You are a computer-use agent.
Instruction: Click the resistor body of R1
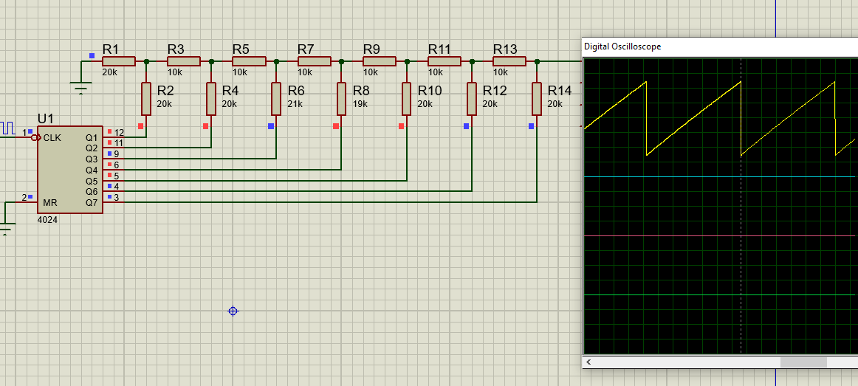pyautogui.click(x=118, y=62)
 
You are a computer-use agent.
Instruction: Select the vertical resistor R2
pyautogui.click(x=146, y=99)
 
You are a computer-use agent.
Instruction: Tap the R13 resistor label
pyautogui.click(x=505, y=49)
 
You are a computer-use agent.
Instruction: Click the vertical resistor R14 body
pyautogui.click(x=536, y=99)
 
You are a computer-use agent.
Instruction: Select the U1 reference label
pyautogui.click(x=46, y=119)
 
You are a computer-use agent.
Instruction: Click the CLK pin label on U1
pyautogui.click(x=52, y=137)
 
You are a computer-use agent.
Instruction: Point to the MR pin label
pyautogui.click(x=50, y=202)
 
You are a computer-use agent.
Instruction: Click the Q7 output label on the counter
pyautogui.click(x=92, y=202)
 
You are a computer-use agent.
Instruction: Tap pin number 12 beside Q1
pyautogui.click(x=118, y=132)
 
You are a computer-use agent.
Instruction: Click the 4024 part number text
pyautogui.click(x=47, y=220)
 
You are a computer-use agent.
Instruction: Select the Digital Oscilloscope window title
pyautogui.click(x=622, y=46)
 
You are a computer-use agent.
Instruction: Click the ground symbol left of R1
pyautogui.click(x=81, y=89)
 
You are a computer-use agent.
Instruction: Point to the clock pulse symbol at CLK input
pyautogui.click(x=7, y=127)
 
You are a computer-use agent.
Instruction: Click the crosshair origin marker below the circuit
pyautogui.click(x=233, y=311)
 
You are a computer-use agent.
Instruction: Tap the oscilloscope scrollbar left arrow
pyautogui.click(x=589, y=362)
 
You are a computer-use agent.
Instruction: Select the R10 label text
pyautogui.click(x=429, y=91)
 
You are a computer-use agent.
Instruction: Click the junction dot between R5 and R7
pyautogui.click(x=276, y=62)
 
